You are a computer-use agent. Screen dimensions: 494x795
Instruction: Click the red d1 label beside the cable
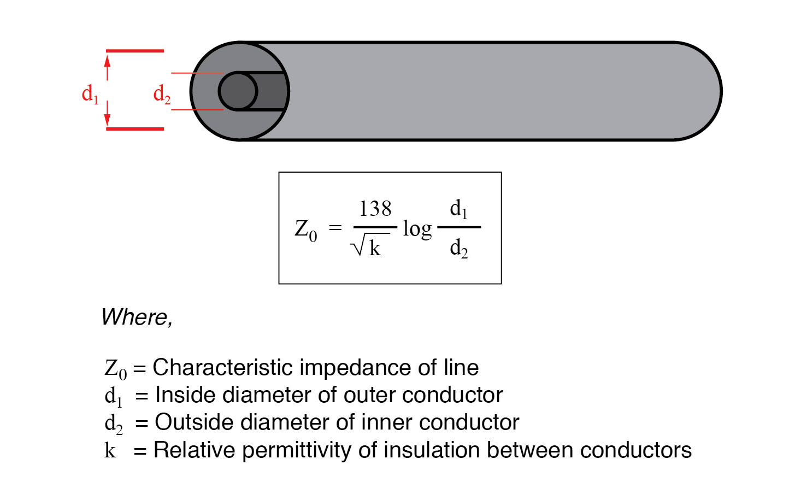pos(90,94)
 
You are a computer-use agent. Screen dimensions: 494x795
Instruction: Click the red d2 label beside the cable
pos(162,94)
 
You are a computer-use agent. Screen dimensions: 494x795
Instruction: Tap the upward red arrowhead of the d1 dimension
pos(108,61)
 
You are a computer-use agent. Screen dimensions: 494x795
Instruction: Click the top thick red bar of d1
pos(135,51)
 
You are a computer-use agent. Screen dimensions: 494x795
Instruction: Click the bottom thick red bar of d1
pos(135,129)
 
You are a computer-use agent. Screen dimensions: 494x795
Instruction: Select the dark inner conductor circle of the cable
pos(238,91)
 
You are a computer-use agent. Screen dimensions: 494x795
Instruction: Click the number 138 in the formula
pos(375,209)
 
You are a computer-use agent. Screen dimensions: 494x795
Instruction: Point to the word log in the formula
pos(417,229)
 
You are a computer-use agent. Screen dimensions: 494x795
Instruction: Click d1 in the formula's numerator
pos(458,209)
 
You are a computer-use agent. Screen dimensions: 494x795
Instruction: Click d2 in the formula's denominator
pos(458,249)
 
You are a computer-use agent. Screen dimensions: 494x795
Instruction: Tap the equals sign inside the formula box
pos(335,228)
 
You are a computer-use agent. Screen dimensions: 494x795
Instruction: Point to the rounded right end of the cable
pos(710,91)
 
